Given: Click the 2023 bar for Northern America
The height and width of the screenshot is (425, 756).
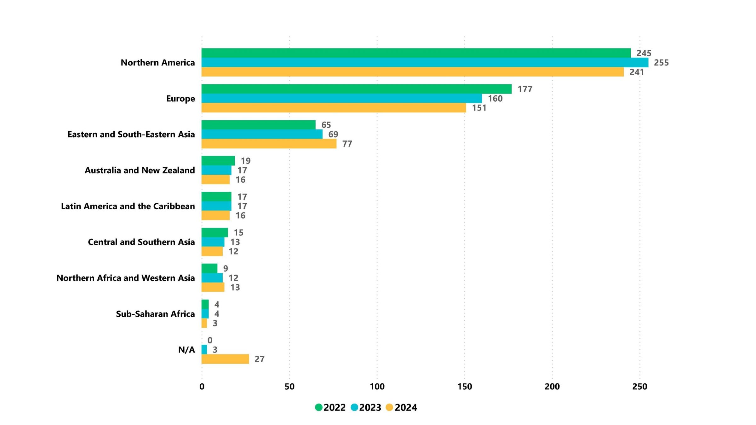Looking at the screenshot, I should (425, 62).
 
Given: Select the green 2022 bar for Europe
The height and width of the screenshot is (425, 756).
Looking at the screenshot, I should (356, 89).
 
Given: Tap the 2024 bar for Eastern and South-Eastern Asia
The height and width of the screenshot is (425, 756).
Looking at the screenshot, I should (269, 144).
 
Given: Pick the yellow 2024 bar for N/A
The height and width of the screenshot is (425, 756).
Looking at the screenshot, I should (225, 359).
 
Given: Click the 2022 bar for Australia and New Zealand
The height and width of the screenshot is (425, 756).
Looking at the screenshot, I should (218, 161).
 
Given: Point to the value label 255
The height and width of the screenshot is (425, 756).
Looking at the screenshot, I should (661, 63).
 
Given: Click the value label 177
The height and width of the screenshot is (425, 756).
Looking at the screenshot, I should (525, 89).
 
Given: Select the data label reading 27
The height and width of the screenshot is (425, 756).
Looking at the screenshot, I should (259, 359).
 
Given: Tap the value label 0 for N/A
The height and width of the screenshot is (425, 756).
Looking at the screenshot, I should (210, 340).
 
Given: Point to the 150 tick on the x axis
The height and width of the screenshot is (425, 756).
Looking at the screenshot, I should (464, 387).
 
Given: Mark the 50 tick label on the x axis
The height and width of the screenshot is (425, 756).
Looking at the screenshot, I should (289, 387).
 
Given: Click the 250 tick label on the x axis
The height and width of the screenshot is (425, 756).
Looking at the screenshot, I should (639, 387).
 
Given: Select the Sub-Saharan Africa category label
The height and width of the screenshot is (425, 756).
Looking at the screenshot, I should (155, 314).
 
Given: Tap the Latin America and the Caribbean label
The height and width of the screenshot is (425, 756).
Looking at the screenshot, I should (128, 206).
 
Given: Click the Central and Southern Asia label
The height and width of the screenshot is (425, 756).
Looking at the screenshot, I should (141, 242).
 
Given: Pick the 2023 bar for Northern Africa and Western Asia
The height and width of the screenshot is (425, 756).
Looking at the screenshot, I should (212, 278).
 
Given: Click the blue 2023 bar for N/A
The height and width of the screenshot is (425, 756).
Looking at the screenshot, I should (204, 349).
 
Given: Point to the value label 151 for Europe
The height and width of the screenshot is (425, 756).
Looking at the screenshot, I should (479, 108).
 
